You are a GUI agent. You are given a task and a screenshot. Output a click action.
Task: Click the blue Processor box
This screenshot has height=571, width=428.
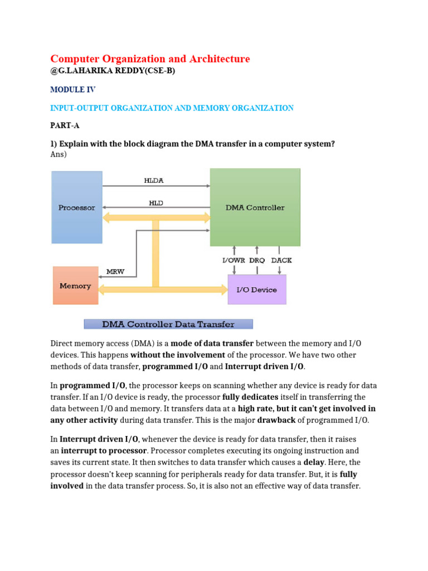coord(77,207)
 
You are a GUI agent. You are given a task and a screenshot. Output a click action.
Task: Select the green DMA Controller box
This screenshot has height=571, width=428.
coord(255,207)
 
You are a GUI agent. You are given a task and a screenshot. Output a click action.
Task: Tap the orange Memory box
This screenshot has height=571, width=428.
coord(75,285)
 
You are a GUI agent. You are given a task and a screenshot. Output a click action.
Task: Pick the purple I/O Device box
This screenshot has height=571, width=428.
coord(257,289)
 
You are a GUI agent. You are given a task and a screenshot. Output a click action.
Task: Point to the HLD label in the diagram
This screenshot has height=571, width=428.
coord(156,204)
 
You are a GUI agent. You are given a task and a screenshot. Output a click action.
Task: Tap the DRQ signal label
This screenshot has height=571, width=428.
coord(257,260)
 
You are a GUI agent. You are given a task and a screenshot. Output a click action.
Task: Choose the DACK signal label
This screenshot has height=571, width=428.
coord(281,260)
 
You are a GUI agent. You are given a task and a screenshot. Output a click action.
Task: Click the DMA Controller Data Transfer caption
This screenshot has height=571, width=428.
coord(168,324)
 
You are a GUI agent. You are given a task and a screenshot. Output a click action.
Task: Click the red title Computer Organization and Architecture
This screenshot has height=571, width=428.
coord(150,59)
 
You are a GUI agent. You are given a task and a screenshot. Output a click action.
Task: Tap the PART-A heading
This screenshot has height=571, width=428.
coord(65,126)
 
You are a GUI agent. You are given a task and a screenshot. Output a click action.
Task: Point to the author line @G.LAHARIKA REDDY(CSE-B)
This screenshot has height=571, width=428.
coord(109,71)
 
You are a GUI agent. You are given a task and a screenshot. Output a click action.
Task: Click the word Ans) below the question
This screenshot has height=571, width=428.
coord(59,154)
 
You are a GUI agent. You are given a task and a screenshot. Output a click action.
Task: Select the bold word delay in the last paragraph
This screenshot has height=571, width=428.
coord(314,462)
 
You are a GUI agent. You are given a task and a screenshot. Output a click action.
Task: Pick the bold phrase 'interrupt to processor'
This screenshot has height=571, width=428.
coord(104,451)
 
